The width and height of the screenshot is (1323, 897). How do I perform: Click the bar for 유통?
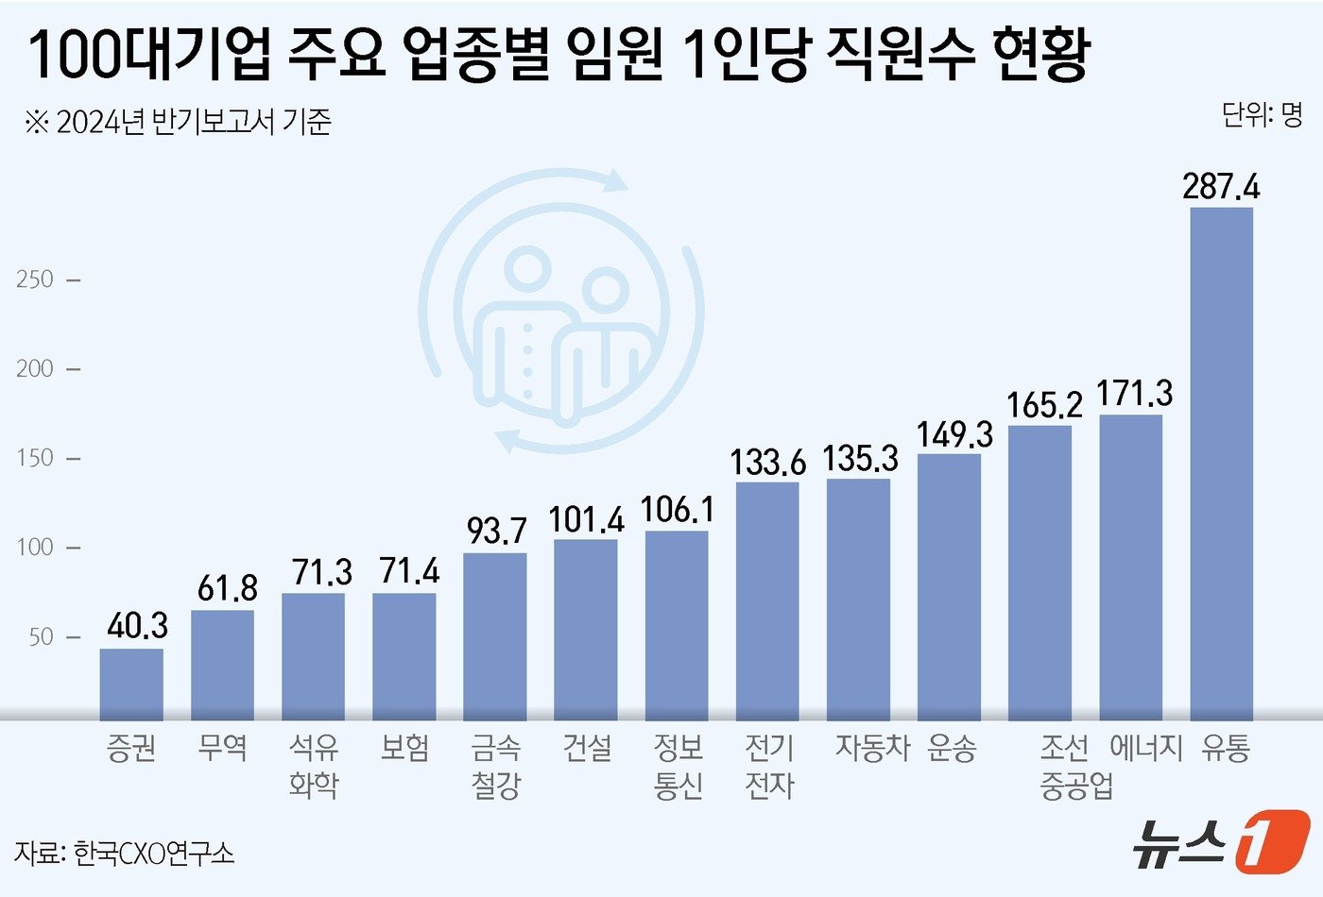[1221, 463]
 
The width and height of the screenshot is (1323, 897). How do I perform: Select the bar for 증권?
[131, 684]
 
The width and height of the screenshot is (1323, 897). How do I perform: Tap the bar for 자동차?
[858, 599]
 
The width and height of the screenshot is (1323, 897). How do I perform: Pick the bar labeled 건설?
[585, 629]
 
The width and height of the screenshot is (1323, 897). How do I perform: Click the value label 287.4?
[1221, 186]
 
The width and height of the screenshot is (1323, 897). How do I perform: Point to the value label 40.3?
[137, 625]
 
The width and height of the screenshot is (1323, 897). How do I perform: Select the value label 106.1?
[678, 510]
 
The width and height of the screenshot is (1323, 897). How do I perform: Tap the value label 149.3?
[954, 434]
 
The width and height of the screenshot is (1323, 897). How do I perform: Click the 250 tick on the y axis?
[35, 279]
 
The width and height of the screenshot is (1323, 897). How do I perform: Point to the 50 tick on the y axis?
[41, 637]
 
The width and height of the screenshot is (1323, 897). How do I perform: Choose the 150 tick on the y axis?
[35, 458]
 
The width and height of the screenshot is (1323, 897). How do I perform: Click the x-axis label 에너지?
[1145, 748]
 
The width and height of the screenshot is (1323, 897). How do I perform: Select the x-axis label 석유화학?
[314, 766]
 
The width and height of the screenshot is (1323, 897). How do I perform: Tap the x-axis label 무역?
[223, 748]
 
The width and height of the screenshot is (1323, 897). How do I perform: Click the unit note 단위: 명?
[1262, 115]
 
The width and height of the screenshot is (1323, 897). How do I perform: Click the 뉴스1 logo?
[1221, 840]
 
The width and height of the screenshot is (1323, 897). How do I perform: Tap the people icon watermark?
[562, 312]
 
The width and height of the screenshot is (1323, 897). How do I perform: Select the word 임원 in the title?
[610, 55]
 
